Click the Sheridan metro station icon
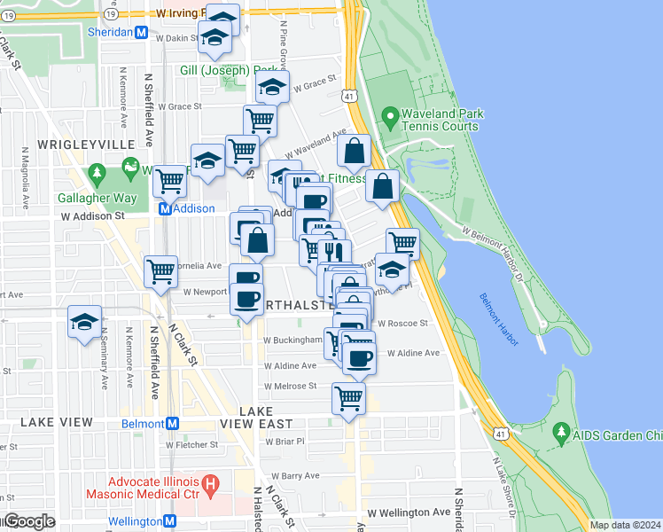tap(141, 32)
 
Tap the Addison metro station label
tap(194, 208)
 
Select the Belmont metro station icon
tap(172, 423)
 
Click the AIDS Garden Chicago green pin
tap(560, 434)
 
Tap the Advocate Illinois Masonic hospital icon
tap(211, 485)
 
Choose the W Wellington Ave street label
tap(409, 512)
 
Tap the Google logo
tap(28, 521)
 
